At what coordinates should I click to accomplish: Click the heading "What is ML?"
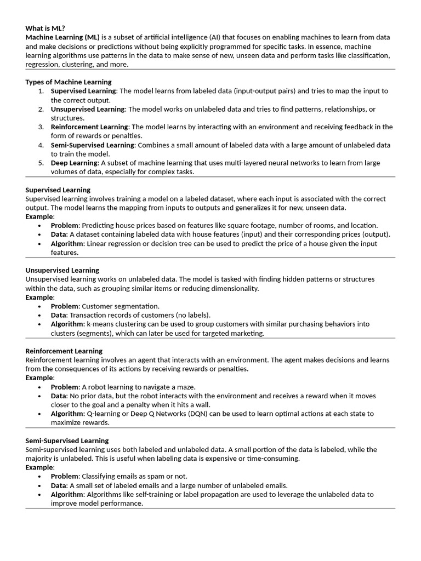[x=45, y=28]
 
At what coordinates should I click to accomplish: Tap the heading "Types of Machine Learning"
[x=68, y=82]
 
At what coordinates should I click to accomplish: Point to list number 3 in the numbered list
[x=41, y=127]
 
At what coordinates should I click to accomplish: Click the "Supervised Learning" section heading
[x=58, y=190]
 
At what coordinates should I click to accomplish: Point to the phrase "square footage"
[x=257, y=226]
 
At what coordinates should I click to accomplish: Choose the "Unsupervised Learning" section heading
[x=62, y=270]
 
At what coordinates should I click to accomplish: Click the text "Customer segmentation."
[x=121, y=306]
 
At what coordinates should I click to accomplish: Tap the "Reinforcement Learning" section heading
[x=64, y=351]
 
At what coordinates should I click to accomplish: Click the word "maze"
[x=186, y=387]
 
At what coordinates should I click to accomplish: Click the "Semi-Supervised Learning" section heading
[x=67, y=440]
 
